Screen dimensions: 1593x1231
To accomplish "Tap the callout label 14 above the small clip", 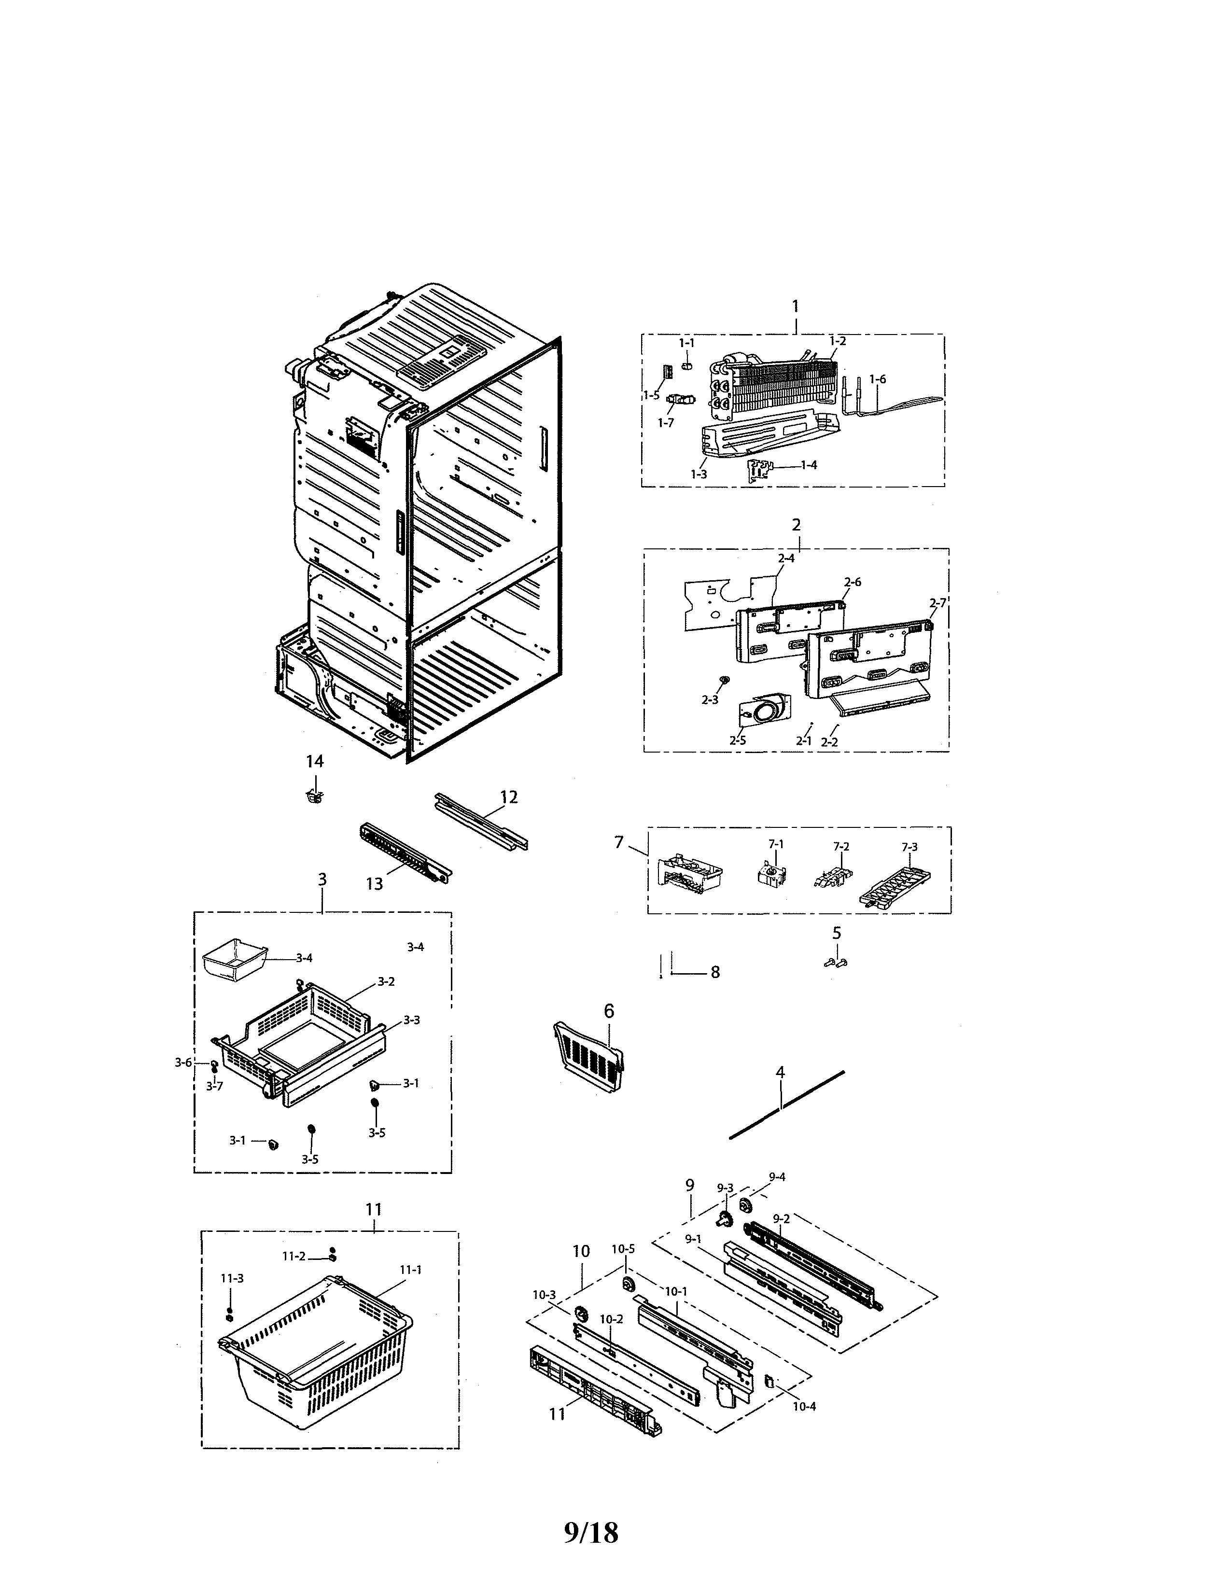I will tap(314, 761).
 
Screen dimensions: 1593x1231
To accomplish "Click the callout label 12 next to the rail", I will tap(508, 797).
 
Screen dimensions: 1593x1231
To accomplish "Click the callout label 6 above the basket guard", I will tap(609, 1011).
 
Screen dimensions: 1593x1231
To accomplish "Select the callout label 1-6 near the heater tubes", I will tap(877, 379).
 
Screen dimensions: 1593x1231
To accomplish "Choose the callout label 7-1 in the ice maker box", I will tap(776, 844).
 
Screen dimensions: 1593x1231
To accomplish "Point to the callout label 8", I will tap(714, 972).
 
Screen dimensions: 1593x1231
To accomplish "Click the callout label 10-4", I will tap(804, 1406).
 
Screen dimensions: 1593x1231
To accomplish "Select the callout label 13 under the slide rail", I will tap(374, 883).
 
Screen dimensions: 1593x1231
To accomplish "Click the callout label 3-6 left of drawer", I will tap(183, 1063).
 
